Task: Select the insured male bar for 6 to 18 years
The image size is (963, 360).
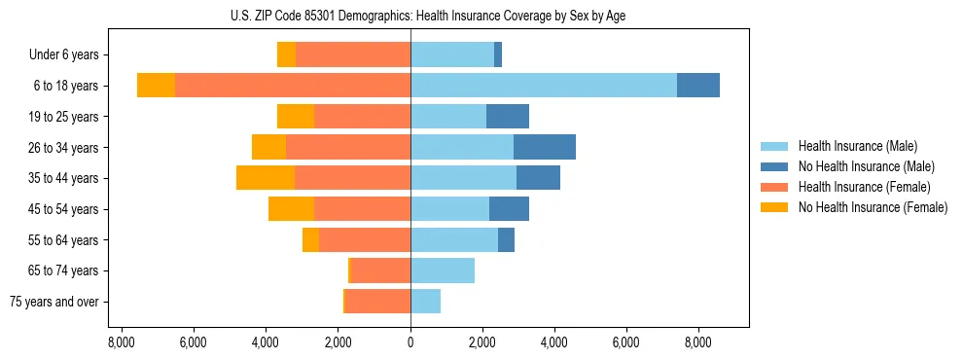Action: coord(544,86)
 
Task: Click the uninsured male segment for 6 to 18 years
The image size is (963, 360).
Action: coord(698,86)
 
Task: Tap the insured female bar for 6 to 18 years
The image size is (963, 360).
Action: coord(293,86)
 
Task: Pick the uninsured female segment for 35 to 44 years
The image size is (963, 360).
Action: coord(266,178)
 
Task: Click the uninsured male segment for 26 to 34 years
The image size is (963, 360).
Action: coord(545,147)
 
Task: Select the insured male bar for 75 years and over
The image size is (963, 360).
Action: coord(426,302)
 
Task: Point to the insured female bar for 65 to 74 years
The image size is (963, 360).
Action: coord(381,270)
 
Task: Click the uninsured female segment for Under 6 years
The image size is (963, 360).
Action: coord(286,54)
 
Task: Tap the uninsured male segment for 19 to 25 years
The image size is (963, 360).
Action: coord(508,117)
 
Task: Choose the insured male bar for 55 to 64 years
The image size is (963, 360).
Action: coord(454,239)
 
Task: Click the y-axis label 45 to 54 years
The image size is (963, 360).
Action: coord(64,209)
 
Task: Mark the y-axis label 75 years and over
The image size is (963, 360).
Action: coord(54,302)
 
